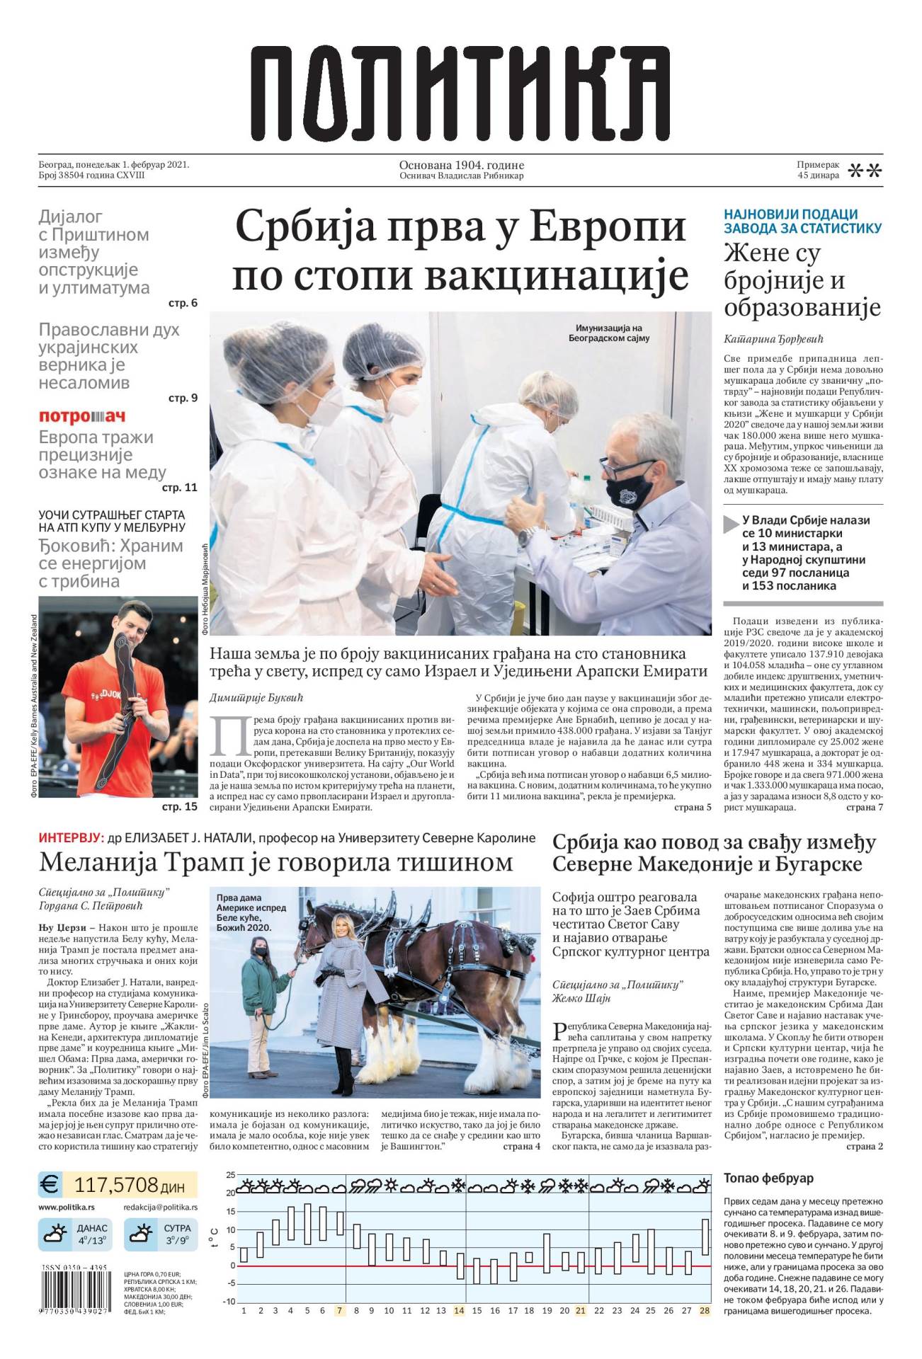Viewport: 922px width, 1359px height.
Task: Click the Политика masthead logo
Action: pos(460,93)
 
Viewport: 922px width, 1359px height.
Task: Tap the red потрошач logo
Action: pos(81,417)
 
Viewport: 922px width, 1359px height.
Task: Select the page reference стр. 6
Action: pos(183,303)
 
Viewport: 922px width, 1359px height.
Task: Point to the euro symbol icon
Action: pos(50,1185)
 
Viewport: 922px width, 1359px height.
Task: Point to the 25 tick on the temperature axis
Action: pos(231,1175)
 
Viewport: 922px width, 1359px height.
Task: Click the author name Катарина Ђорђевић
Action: pos(773,338)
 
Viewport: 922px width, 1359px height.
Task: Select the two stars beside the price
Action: pos(865,171)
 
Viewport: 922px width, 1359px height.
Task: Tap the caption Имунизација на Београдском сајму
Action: pos(608,333)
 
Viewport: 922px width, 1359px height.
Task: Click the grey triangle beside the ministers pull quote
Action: pos(732,524)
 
